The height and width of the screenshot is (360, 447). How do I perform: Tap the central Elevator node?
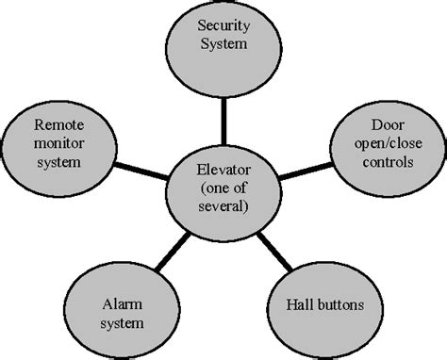tap(224, 188)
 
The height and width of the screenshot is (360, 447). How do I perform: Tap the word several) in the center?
tap(224, 206)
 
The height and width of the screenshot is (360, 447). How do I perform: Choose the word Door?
tap(388, 123)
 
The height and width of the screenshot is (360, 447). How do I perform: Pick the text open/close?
tap(388, 142)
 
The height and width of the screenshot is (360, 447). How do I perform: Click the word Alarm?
tap(123, 304)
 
